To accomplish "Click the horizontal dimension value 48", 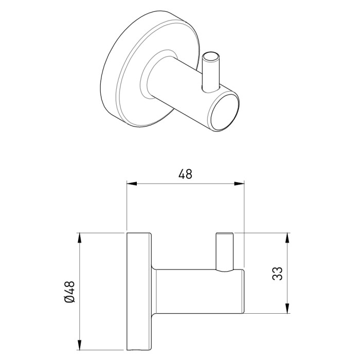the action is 185,174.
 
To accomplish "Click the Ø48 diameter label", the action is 70,292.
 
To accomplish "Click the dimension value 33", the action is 277,273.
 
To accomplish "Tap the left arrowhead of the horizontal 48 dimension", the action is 132,184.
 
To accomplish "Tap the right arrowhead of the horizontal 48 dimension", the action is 239,184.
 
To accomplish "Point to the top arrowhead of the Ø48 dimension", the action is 80,238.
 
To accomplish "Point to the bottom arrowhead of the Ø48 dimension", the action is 80,345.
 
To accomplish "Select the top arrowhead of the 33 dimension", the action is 287,238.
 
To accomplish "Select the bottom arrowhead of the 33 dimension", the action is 287,309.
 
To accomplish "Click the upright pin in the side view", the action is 225,252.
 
